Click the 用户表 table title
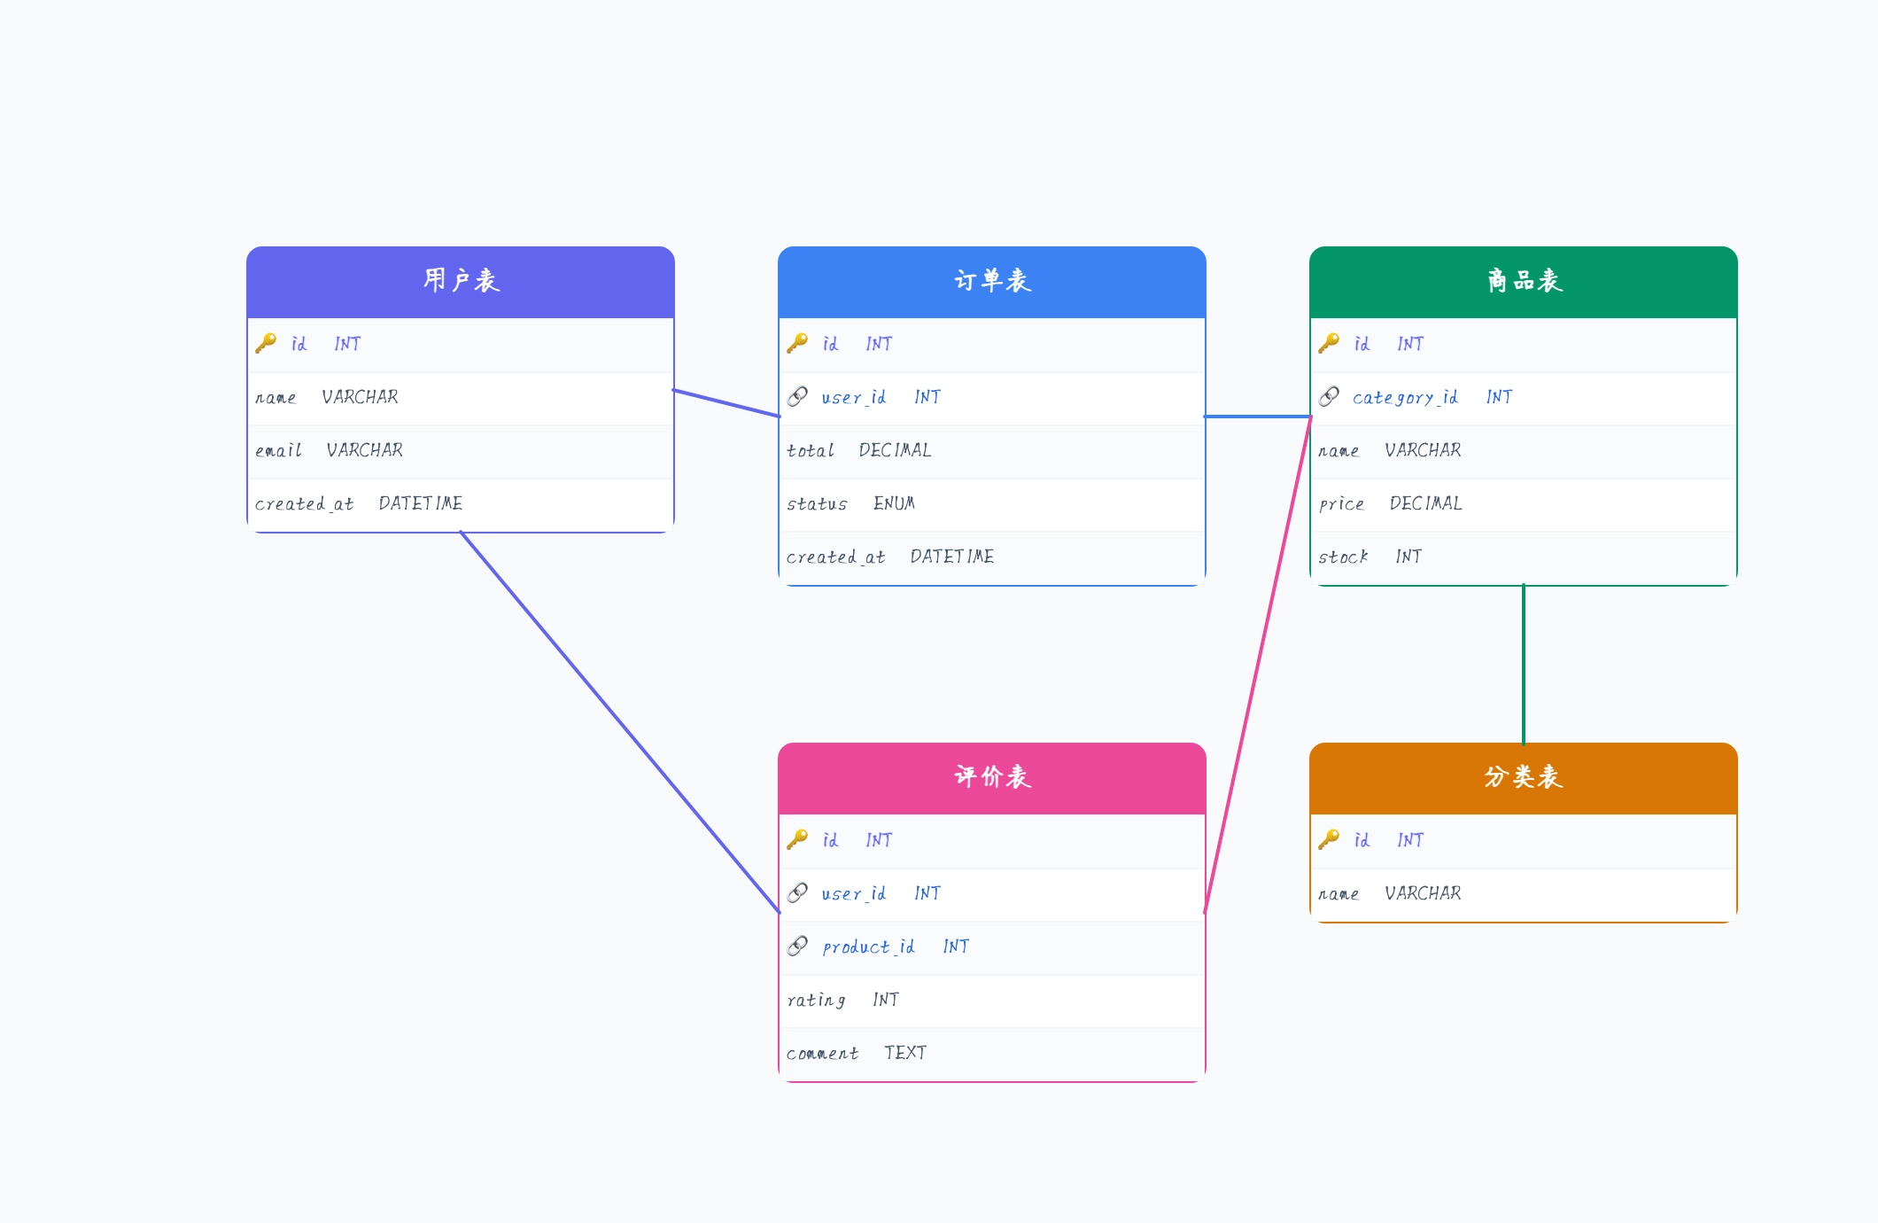(x=461, y=281)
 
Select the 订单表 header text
(x=992, y=281)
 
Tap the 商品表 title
(x=1524, y=281)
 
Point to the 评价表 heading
(x=992, y=777)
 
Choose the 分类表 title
(x=1524, y=777)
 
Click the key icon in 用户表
(x=266, y=343)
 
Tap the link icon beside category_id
(x=1329, y=396)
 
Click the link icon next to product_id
(x=797, y=946)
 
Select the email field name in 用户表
(x=278, y=450)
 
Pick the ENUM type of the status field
(x=894, y=503)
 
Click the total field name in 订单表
(x=811, y=450)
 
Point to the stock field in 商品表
(x=1343, y=557)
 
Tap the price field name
(x=1341, y=503)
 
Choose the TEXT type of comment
(x=905, y=1053)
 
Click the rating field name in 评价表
(x=816, y=1000)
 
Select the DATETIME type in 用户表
(x=421, y=503)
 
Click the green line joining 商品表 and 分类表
(x=1524, y=665)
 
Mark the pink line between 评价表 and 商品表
(x=1258, y=664)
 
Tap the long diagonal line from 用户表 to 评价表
(x=620, y=721)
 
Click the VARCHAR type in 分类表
(x=1423, y=893)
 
